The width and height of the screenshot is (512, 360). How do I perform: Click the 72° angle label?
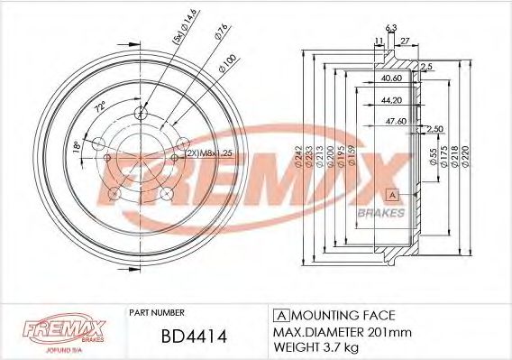point(101,107)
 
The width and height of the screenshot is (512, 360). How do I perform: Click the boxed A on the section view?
point(392,194)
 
